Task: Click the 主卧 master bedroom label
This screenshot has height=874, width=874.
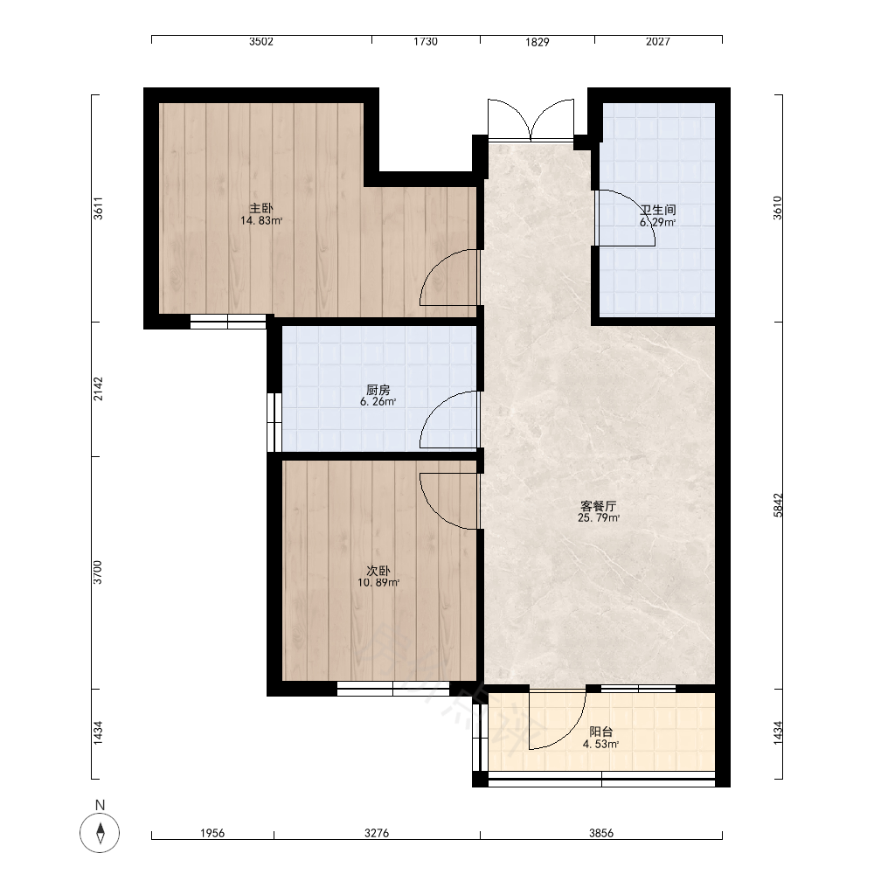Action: pyautogui.click(x=260, y=209)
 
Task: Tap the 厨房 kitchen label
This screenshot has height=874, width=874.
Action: pyautogui.click(x=378, y=390)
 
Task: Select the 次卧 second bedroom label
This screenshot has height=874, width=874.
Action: pyautogui.click(x=378, y=572)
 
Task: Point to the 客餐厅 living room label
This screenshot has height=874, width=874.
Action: pyautogui.click(x=598, y=506)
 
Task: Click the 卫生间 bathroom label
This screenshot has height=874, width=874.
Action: pyautogui.click(x=658, y=210)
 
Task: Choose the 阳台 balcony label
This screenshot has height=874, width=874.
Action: pyautogui.click(x=601, y=732)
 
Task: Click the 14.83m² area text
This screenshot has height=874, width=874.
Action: pyautogui.click(x=260, y=221)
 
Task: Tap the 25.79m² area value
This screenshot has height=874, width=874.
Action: pyautogui.click(x=599, y=517)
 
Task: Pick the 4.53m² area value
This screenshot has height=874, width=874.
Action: pyautogui.click(x=601, y=744)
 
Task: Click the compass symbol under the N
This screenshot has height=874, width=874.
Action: pyautogui.click(x=100, y=833)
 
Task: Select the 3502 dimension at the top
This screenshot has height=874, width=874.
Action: pyautogui.click(x=260, y=42)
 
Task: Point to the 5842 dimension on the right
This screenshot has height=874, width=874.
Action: pyautogui.click(x=778, y=505)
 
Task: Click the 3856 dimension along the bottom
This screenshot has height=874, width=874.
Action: pyautogui.click(x=601, y=833)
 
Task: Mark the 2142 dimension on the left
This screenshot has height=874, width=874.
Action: pyautogui.click(x=98, y=389)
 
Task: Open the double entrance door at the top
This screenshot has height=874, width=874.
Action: pyautogui.click(x=531, y=120)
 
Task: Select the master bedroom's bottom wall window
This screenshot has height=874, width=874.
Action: pyautogui.click(x=228, y=322)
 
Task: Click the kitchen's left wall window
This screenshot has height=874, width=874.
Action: pyautogui.click(x=274, y=422)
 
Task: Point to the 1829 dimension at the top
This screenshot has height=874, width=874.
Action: pyautogui.click(x=537, y=42)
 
